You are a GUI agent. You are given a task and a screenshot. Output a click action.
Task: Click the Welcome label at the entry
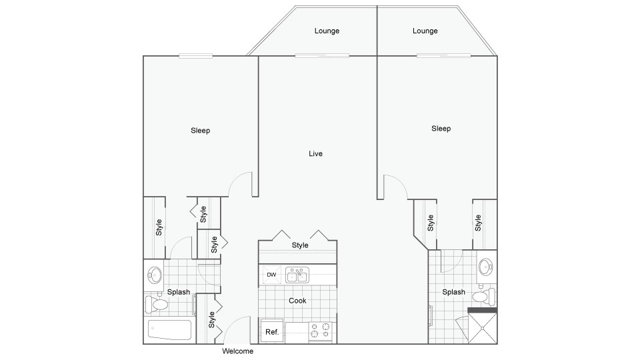coord(237,351)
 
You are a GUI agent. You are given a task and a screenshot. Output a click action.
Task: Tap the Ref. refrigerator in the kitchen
coord(272,331)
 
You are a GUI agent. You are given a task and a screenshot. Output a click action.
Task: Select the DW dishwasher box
coord(271,275)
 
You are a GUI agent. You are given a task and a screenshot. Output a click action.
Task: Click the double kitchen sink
coord(297,275)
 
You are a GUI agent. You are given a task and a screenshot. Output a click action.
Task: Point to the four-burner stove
coord(321,331)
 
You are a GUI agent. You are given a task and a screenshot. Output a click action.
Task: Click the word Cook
coord(297,301)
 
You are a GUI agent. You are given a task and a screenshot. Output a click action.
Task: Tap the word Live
coord(315,153)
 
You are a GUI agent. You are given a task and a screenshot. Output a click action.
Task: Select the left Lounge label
coord(327,31)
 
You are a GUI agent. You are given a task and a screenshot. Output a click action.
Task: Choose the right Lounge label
coord(425,31)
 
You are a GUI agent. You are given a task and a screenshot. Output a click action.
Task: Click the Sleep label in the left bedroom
coord(201,130)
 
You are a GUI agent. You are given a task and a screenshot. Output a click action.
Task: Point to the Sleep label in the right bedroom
coord(441,128)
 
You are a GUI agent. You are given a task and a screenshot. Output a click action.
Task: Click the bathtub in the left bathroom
coord(169,330)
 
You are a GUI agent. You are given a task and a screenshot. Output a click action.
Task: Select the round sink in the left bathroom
coord(155,275)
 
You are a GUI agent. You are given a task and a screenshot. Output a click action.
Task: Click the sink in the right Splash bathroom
coord(486,267)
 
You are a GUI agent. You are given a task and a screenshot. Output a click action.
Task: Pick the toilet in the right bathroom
coord(486,296)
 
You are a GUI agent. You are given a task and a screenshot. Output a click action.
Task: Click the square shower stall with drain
coord(483,328)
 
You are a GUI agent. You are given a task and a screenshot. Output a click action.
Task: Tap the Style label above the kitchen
coord(300,245)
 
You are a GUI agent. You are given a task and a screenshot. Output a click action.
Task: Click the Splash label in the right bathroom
coord(454,292)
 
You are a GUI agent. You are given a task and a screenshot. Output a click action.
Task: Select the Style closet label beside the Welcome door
coord(211,319)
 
